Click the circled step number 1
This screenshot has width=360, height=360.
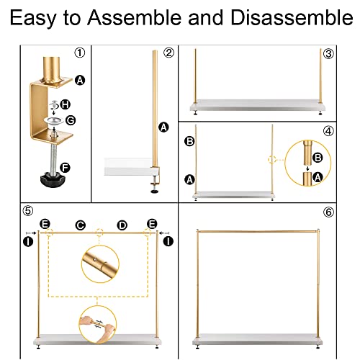79,53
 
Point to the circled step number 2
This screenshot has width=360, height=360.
168,53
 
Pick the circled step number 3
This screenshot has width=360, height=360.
328,53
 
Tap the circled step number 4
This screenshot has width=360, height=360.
328,132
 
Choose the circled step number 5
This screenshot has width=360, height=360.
28,211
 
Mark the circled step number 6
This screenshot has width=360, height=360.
328,212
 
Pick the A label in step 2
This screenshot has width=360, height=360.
164,127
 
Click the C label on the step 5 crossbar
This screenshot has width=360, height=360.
81,226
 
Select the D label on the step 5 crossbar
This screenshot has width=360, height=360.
122,226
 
